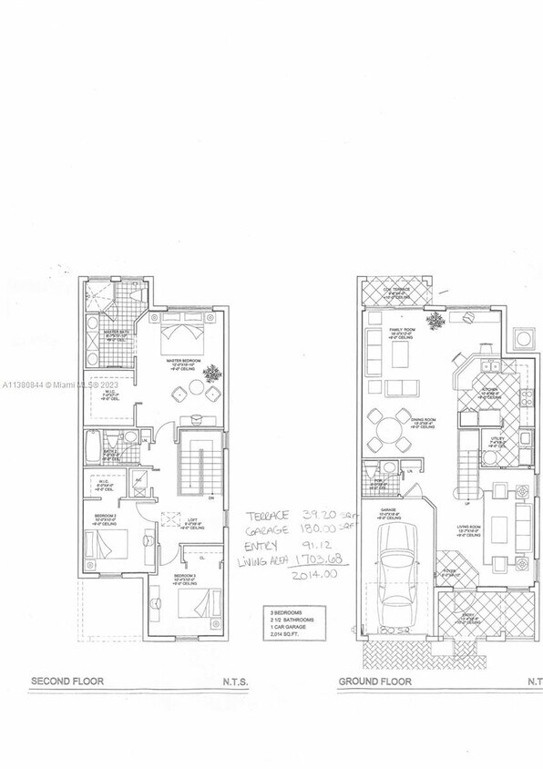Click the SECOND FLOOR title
[68, 682]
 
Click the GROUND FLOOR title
[375, 682]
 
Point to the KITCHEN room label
[487, 392]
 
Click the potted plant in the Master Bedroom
[216, 373]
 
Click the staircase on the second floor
[194, 465]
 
